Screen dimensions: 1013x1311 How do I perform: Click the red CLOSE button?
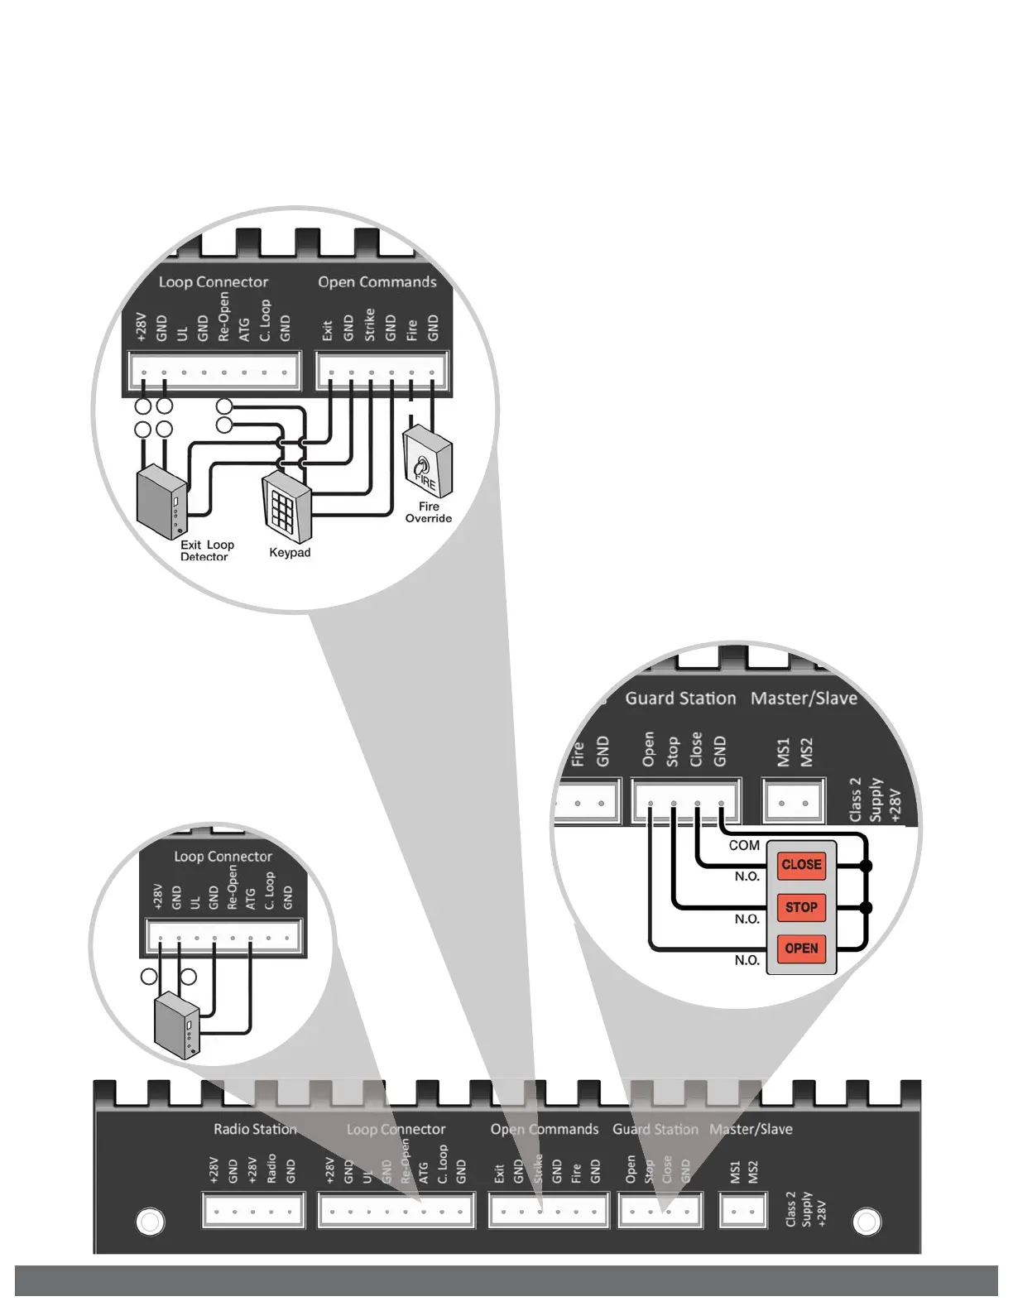coord(801,865)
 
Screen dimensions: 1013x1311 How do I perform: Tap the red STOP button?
coord(801,907)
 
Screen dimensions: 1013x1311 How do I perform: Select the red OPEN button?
coord(801,948)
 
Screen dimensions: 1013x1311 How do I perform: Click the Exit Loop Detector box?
coord(161,502)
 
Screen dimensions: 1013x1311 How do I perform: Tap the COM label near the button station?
coord(744,845)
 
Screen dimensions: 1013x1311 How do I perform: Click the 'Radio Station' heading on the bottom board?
coord(255,1129)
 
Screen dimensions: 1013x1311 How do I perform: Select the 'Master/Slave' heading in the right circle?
coord(804,699)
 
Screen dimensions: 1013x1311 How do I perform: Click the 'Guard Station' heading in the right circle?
coord(680,699)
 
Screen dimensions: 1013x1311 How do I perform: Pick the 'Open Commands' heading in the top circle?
coord(377,282)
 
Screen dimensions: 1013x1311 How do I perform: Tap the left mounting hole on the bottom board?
coord(150,1222)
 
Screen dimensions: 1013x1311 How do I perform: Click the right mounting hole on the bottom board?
coord(867,1222)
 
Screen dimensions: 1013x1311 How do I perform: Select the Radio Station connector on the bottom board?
coord(253,1211)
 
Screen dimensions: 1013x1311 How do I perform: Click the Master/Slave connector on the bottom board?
coord(743,1212)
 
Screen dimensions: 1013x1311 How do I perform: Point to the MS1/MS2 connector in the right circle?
coord(793,802)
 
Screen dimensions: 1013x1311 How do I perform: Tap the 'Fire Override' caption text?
coord(428,512)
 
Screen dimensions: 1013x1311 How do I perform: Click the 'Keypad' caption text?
coord(290,553)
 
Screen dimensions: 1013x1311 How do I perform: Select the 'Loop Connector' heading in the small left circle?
coord(223,857)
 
